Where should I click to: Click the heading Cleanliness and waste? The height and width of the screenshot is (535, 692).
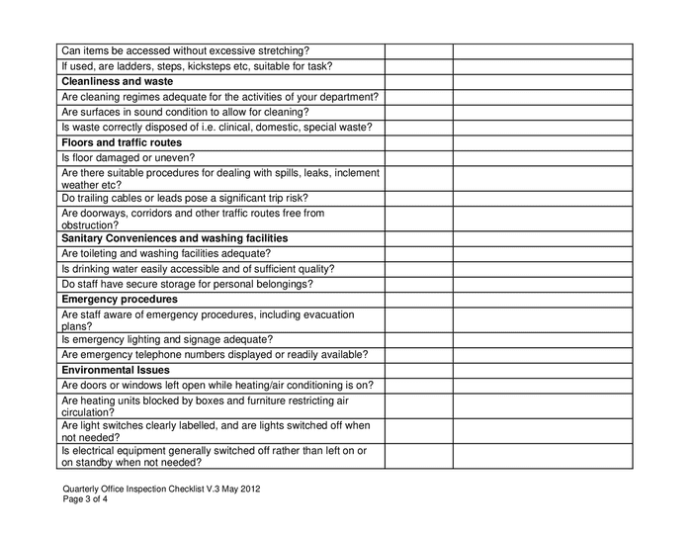coord(117,81)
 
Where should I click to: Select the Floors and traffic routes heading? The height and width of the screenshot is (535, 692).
coord(121,142)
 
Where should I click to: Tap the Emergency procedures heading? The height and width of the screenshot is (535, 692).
coord(119,299)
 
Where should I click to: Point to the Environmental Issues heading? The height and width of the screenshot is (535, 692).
coord(115,370)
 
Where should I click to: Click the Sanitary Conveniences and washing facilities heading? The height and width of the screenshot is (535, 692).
coord(174,238)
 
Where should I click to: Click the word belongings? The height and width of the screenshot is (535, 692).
coord(278,284)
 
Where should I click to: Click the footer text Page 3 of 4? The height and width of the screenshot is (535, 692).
coord(85,499)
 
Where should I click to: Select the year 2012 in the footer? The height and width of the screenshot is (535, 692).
coord(249,489)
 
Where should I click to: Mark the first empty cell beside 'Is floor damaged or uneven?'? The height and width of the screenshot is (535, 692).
coord(418,158)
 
